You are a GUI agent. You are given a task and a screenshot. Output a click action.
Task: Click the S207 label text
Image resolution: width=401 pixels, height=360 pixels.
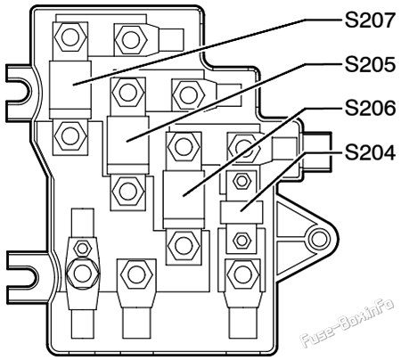click(370, 20)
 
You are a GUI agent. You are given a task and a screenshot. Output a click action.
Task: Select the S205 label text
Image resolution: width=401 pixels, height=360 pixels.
click(370, 64)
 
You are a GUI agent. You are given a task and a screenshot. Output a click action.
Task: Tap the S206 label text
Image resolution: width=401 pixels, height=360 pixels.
click(370, 108)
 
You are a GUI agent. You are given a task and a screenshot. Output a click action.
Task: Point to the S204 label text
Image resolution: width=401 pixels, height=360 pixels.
click(370, 152)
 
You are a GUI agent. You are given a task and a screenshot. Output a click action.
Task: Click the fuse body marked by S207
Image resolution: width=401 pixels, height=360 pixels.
click(70, 89)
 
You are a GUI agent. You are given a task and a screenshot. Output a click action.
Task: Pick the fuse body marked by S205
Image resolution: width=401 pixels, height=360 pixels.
click(128, 144)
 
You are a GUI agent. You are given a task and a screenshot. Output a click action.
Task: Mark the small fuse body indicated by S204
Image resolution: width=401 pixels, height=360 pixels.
click(241, 212)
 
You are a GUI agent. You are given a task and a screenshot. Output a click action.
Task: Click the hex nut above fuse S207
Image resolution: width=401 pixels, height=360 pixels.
click(70, 37)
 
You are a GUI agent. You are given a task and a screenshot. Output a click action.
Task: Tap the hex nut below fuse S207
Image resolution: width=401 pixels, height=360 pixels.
click(71, 135)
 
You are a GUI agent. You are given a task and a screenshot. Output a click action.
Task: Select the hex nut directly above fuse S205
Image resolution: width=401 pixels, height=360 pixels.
click(127, 93)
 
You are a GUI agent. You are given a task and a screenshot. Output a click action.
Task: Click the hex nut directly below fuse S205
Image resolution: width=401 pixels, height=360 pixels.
click(127, 191)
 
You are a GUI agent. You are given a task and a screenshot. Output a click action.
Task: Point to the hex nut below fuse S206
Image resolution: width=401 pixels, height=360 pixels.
click(184, 245)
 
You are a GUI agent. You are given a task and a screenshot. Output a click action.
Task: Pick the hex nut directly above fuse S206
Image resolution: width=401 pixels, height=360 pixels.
click(184, 146)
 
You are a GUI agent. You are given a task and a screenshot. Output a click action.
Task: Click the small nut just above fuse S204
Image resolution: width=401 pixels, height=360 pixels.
click(241, 181)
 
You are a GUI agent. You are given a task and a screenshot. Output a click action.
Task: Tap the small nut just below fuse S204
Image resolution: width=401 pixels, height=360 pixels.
click(241, 240)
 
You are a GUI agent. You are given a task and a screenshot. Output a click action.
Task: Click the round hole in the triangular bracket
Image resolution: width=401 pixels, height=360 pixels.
click(319, 239)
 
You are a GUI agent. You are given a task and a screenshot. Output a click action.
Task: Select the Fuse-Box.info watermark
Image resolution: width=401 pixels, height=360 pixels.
click(348, 323)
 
